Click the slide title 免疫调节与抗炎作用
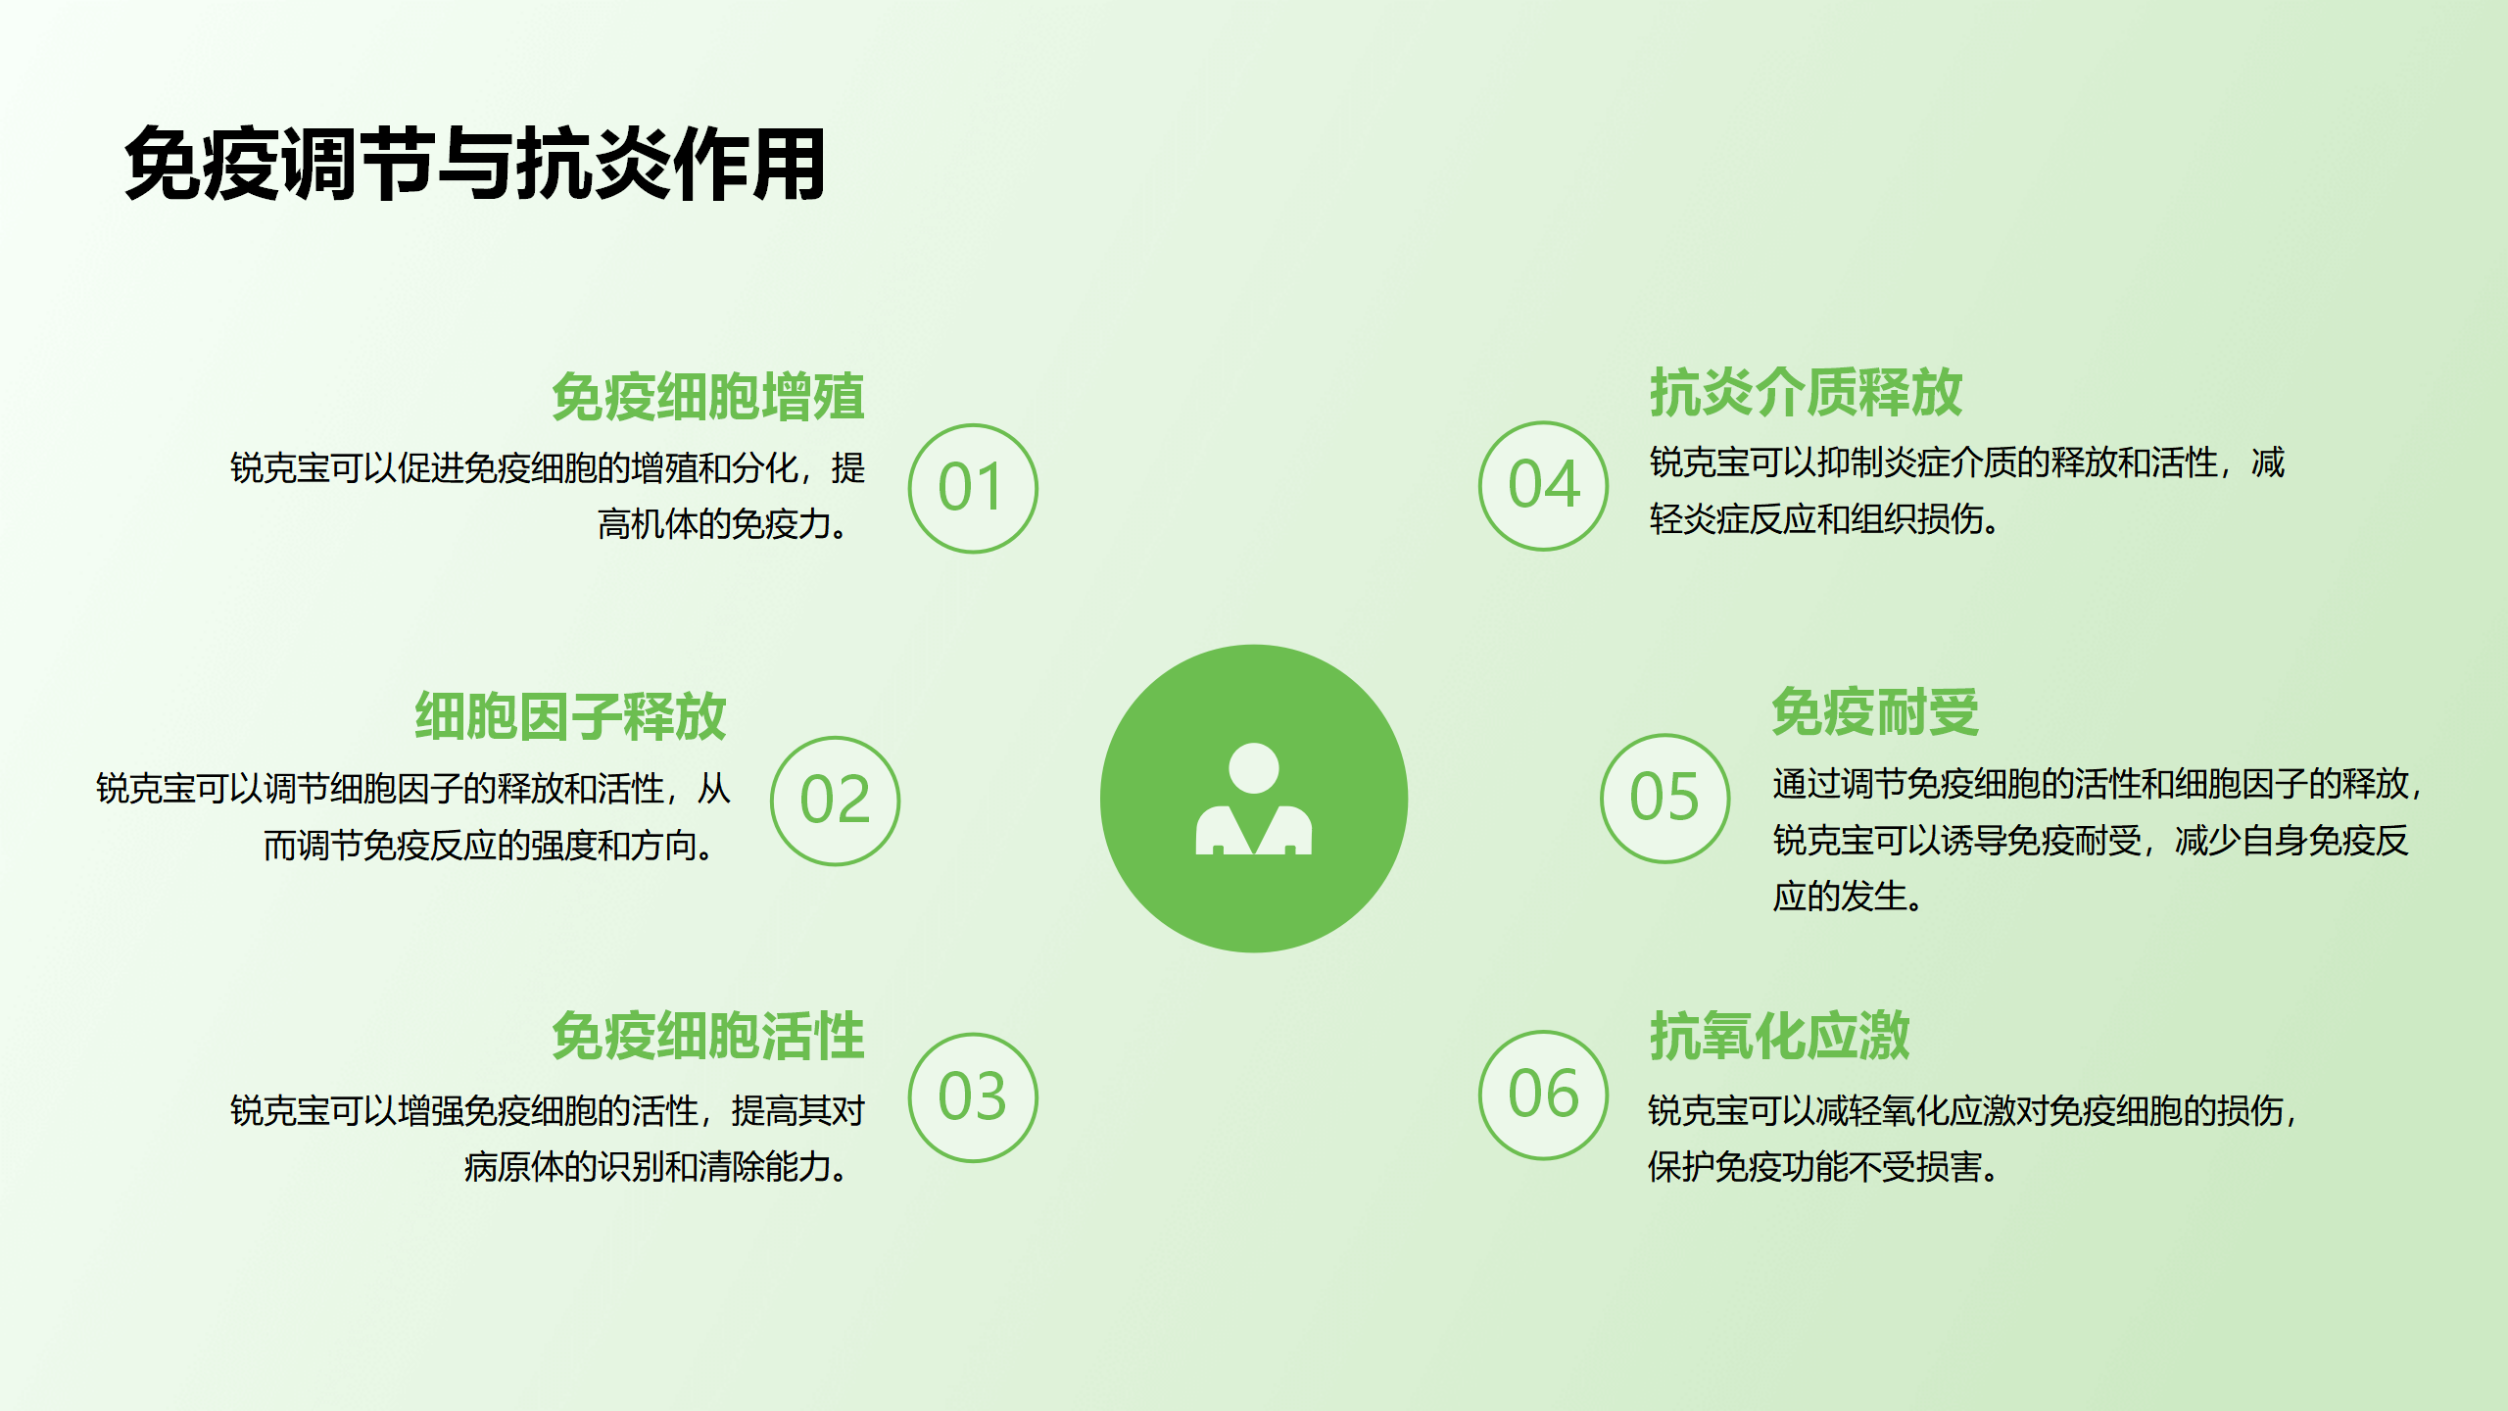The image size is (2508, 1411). (474, 165)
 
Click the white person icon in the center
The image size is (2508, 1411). (1253, 799)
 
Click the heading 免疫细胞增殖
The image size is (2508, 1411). (707, 397)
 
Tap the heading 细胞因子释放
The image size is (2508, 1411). (570, 716)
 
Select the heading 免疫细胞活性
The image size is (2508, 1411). (707, 1036)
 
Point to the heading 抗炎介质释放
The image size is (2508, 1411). (1806, 392)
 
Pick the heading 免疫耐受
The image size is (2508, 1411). (1875, 711)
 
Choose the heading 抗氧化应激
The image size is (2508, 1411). (1779, 1036)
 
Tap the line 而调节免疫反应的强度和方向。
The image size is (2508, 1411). (490, 845)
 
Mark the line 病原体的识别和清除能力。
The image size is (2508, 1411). (656, 1166)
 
